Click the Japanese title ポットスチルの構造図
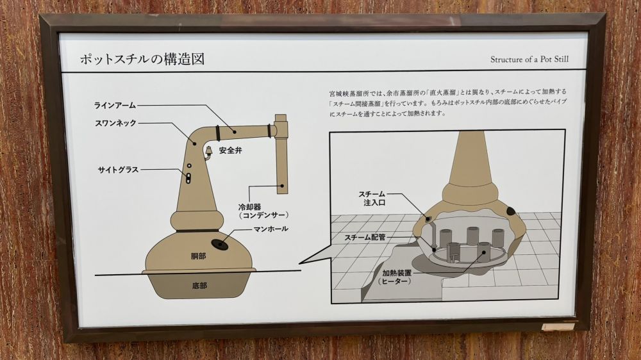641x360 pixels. point(142,60)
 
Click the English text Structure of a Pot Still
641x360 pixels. point(529,59)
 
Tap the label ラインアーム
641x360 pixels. point(115,106)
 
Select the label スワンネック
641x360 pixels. point(115,123)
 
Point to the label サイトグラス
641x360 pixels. point(118,170)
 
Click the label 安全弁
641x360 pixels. point(231,151)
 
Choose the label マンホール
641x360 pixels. point(271,229)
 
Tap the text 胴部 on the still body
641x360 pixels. point(198,256)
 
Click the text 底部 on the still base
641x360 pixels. point(199,286)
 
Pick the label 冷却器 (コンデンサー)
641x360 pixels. point(263,211)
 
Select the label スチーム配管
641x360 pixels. point(365,237)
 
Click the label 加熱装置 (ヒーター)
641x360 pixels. point(396,277)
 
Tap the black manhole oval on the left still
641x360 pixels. point(219,244)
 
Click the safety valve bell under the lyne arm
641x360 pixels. point(208,151)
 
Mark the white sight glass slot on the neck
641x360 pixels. point(188,177)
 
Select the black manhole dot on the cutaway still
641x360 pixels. point(511,211)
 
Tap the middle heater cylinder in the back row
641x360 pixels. point(472,236)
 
